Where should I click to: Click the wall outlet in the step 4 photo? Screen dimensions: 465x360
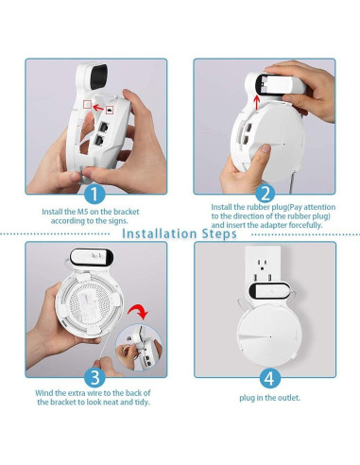(x=262, y=268)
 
